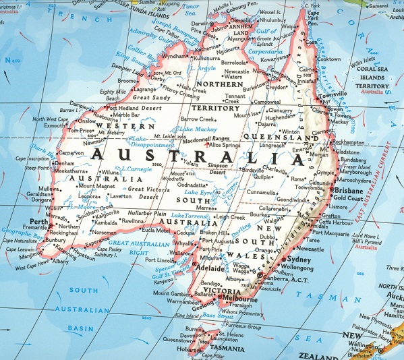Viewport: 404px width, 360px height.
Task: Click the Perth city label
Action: click(x=38, y=221)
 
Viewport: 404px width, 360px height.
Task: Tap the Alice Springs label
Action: click(x=226, y=144)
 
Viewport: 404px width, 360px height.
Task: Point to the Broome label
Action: click(x=127, y=81)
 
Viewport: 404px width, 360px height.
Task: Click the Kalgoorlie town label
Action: click(x=108, y=213)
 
